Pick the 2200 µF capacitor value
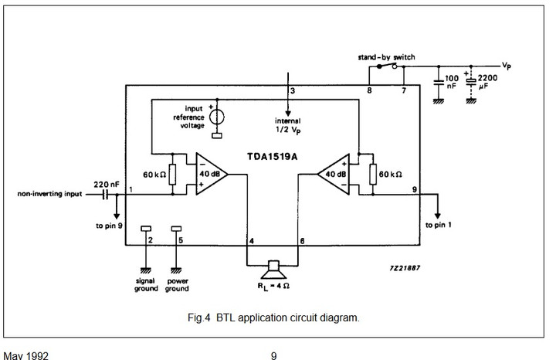[x=487, y=83]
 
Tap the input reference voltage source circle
[x=217, y=116]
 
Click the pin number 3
[x=292, y=91]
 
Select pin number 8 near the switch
[x=369, y=91]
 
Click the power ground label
[x=176, y=284]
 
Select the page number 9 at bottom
[x=273, y=356]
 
